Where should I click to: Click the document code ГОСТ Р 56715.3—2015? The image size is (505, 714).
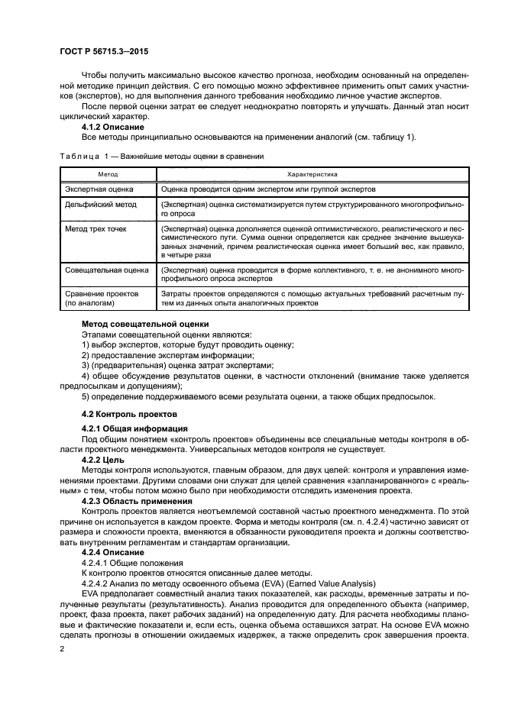click(104, 52)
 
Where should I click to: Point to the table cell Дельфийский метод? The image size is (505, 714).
click(100, 205)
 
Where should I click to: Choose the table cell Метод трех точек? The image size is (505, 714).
click(95, 228)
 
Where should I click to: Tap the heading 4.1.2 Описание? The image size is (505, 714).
click(114, 127)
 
